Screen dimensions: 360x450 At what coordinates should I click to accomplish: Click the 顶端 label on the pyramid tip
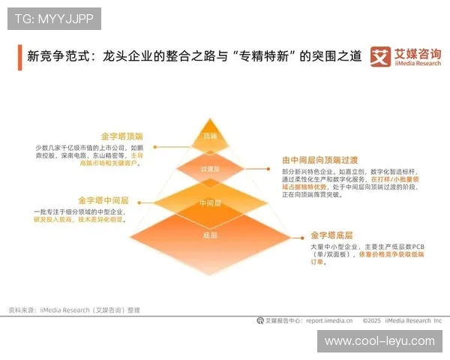coord(210,136)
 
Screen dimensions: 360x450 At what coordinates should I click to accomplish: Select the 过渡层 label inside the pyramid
coord(210,169)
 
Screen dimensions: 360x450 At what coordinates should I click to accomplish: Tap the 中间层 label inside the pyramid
coord(209,204)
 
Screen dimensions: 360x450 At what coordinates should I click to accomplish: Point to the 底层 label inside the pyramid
coord(209,235)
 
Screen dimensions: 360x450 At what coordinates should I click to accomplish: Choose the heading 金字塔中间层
coord(103,200)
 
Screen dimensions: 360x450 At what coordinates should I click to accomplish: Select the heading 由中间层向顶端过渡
coord(318,160)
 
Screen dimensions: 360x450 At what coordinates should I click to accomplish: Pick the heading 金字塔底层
coord(331,235)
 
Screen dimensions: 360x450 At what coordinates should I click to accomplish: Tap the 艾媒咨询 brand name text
coord(418,53)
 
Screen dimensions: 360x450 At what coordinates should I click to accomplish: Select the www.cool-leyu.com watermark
coord(379,341)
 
